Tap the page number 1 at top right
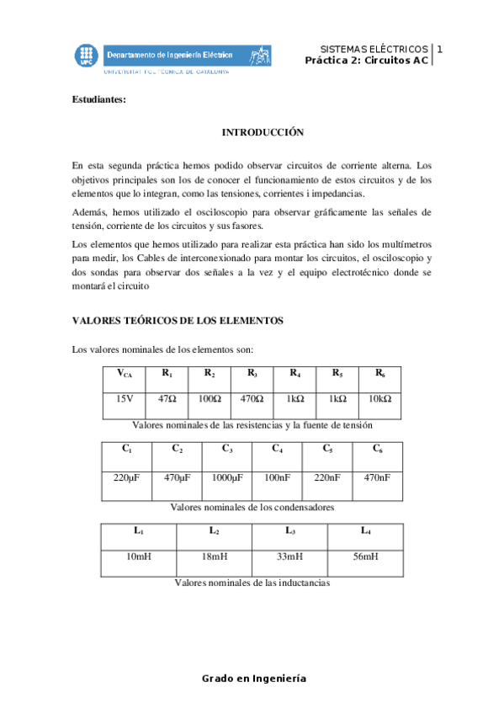click(439, 50)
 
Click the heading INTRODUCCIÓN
click(263, 133)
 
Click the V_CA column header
click(125, 374)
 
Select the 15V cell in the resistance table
click(125, 399)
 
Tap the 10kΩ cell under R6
click(379, 399)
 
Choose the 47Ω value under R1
click(167, 399)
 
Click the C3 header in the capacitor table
click(227, 449)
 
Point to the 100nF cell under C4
click(277, 477)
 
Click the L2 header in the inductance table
click(214, 530)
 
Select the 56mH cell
click(365, 557)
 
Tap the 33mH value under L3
click(289, 557)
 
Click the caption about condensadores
click(252, 508)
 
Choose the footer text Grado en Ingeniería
click(253, 679)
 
